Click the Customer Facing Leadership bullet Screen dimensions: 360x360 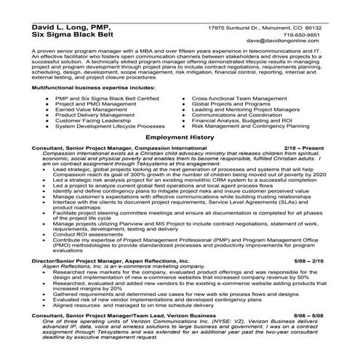coord(90,120)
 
